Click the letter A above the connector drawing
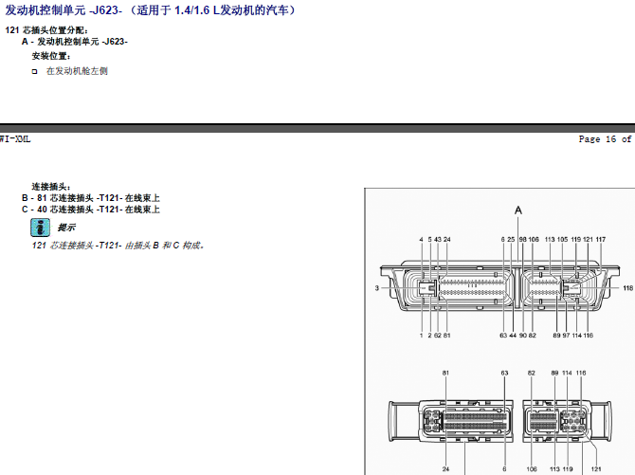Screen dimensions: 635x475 [x=518, y=210]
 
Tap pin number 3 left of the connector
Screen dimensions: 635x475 [x=377, y=288]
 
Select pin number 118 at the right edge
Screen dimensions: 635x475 [x=628, y=288]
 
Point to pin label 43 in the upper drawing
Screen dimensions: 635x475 [x=438, y=240]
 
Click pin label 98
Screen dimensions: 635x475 [x=523, y=240]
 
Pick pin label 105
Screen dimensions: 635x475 [x=563, y=240]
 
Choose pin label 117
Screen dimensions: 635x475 [x=601, y=240]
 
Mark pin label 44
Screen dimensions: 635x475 [x=513, y=336]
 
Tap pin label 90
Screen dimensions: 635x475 [x=523, y=336]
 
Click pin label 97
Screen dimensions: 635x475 [x=566, y=336]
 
